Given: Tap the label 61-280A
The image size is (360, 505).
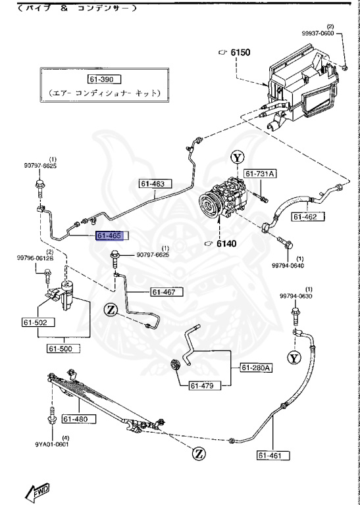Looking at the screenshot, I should [x=256, y=367].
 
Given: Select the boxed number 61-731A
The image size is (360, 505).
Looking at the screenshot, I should [x=261, y=174].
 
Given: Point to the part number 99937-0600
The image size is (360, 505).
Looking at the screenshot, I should [x=336, y=33].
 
